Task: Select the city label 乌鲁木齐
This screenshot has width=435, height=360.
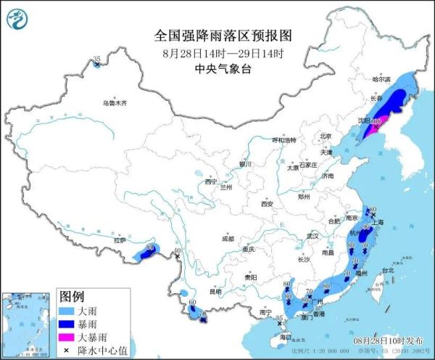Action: (x=114, y=103)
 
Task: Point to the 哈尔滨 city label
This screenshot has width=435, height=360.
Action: (x=381, y=79)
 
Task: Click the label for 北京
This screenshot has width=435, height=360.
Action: (x=326, y=136)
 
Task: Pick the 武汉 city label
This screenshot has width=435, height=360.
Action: (x=312, y=236)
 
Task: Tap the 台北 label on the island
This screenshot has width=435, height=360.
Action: (x=388, y=271)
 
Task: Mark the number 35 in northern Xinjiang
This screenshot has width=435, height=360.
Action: (x=97, y=59)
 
